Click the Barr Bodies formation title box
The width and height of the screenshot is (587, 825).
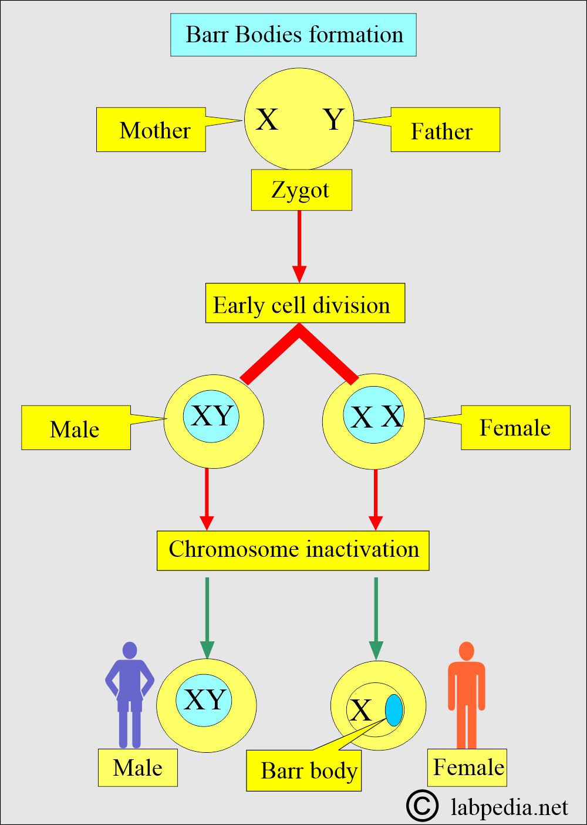click(293, 35)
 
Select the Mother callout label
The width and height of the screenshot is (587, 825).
click(151, 130)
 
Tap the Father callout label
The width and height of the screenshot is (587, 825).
click(445, 130)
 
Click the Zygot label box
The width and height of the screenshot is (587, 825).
click(301, 190)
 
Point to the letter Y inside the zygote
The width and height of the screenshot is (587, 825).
click(334, 119)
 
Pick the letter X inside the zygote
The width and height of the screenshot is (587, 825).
click(266, 119)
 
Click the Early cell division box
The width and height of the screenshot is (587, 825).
click(305, 303)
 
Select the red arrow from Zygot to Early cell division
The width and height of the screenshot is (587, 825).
click(299, 247)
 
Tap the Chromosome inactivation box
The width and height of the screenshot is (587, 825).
click(293, 550)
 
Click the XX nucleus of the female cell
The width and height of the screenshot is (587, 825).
click(374, 415)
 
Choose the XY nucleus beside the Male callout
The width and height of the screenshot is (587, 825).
click(211, 416)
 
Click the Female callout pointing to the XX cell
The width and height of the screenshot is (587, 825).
click(515, 428)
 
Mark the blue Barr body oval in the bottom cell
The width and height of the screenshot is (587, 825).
click(394, 709)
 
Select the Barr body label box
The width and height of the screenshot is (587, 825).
click(303, 770)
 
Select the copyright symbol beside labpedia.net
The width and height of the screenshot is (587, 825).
click(423, 806)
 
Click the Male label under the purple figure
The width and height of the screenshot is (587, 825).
click(137, 767)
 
